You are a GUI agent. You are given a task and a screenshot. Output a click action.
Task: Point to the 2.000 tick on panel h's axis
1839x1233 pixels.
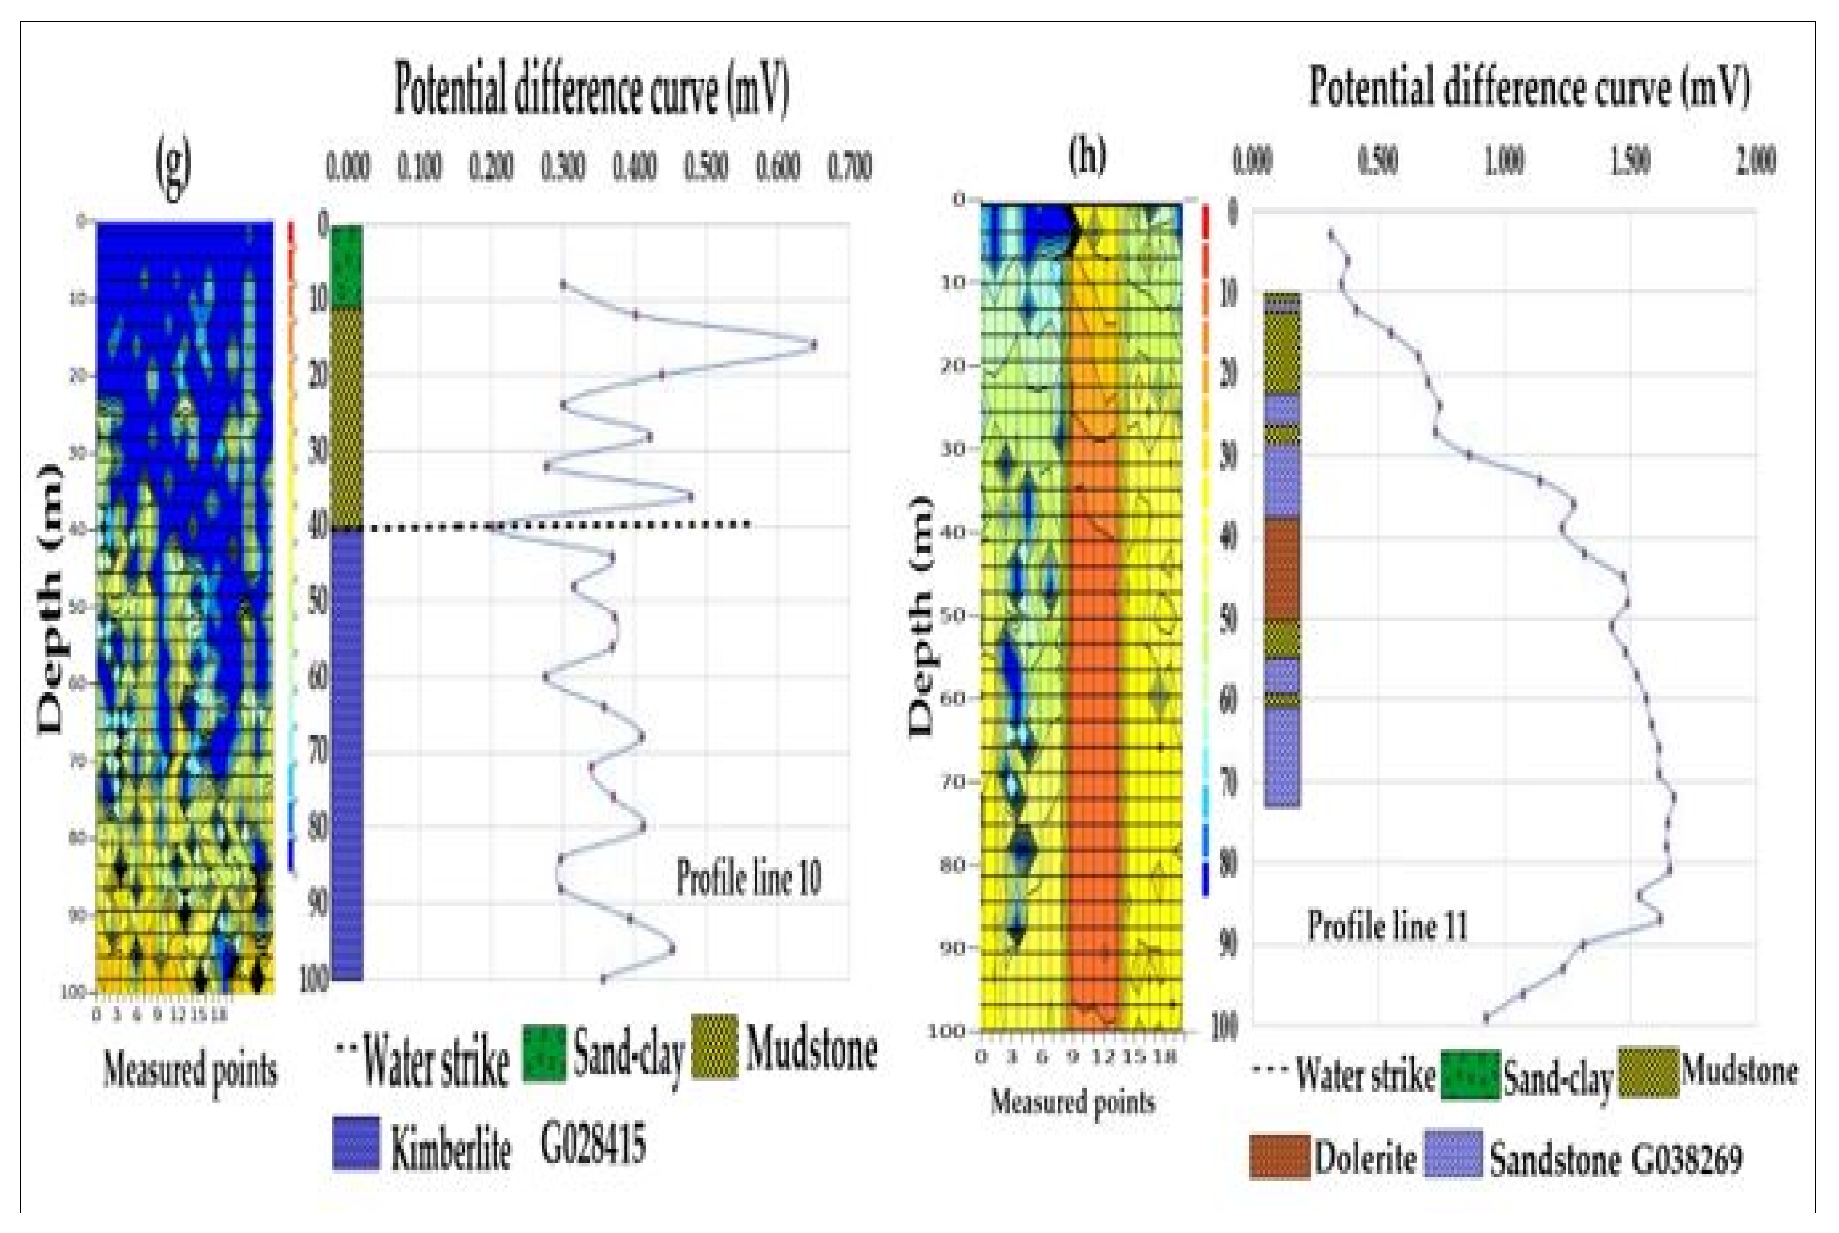[1755, 161]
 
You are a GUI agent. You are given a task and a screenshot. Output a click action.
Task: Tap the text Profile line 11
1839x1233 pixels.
[1387, 926]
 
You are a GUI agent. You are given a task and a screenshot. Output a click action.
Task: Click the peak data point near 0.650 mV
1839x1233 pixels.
[813, 344]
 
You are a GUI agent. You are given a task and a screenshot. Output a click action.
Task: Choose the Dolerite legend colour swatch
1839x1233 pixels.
[1279, 1156]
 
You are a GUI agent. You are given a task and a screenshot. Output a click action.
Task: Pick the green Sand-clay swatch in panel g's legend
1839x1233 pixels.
[544, 1054]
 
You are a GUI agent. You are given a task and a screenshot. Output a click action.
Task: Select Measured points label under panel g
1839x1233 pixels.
[190, 1070]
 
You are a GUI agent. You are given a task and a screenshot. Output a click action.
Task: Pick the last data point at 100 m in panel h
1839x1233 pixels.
[1485, 1017]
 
